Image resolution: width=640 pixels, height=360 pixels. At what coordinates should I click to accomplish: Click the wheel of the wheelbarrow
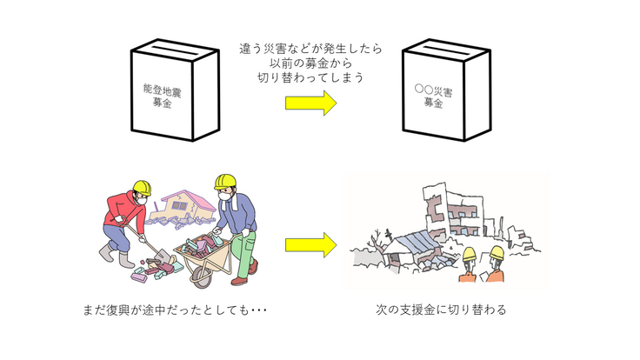[x=199, y=277]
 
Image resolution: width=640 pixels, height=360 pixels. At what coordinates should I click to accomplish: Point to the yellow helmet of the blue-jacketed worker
[x=224, y=182]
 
